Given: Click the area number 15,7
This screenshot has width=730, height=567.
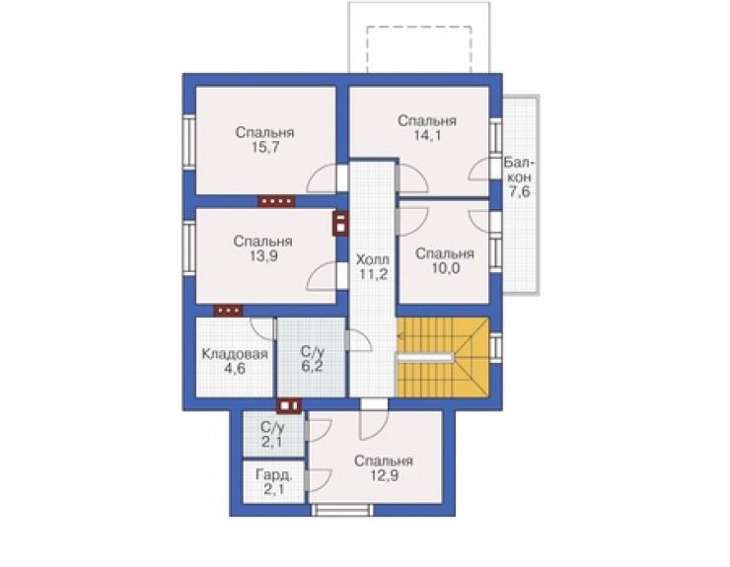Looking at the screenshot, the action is click(x=264, y=148).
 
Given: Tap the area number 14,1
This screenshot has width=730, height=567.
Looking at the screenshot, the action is click(x=427, y=135).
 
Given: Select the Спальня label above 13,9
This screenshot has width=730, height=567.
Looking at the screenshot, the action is click(x=263, y=242).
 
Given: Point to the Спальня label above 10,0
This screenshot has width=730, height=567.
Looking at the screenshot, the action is click(x=445, y=253).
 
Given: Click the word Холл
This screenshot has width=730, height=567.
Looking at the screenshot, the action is click(x=373, y=258).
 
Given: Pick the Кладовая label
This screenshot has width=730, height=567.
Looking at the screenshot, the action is click(x=235, y=354).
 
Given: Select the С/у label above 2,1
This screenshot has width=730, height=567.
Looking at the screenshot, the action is click(x=272, y=427).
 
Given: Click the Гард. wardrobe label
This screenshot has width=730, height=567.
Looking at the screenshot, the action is click(x=274, y=475).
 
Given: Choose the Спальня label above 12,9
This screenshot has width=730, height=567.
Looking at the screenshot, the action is click(x=384, y=461).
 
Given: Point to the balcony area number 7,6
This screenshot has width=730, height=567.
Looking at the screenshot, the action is click(x=519, y=191).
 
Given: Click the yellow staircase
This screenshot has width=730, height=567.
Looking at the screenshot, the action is click(x=443, y=358).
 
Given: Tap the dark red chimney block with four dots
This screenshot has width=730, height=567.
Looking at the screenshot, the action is click(x=276, y=201).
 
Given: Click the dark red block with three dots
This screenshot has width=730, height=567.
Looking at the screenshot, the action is click(x=228, y=310).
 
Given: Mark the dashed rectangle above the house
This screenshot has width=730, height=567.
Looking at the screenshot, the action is click(x=419, y=49).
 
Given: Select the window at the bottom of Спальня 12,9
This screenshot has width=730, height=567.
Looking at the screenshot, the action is click(x=342, y=510).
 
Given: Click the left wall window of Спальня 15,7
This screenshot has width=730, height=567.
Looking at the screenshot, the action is click(x=188, y=140).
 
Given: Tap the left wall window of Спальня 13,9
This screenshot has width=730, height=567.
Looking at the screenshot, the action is click(x=188, y=248).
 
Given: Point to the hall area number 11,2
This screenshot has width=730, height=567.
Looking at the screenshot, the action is click(x=373, y=274).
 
